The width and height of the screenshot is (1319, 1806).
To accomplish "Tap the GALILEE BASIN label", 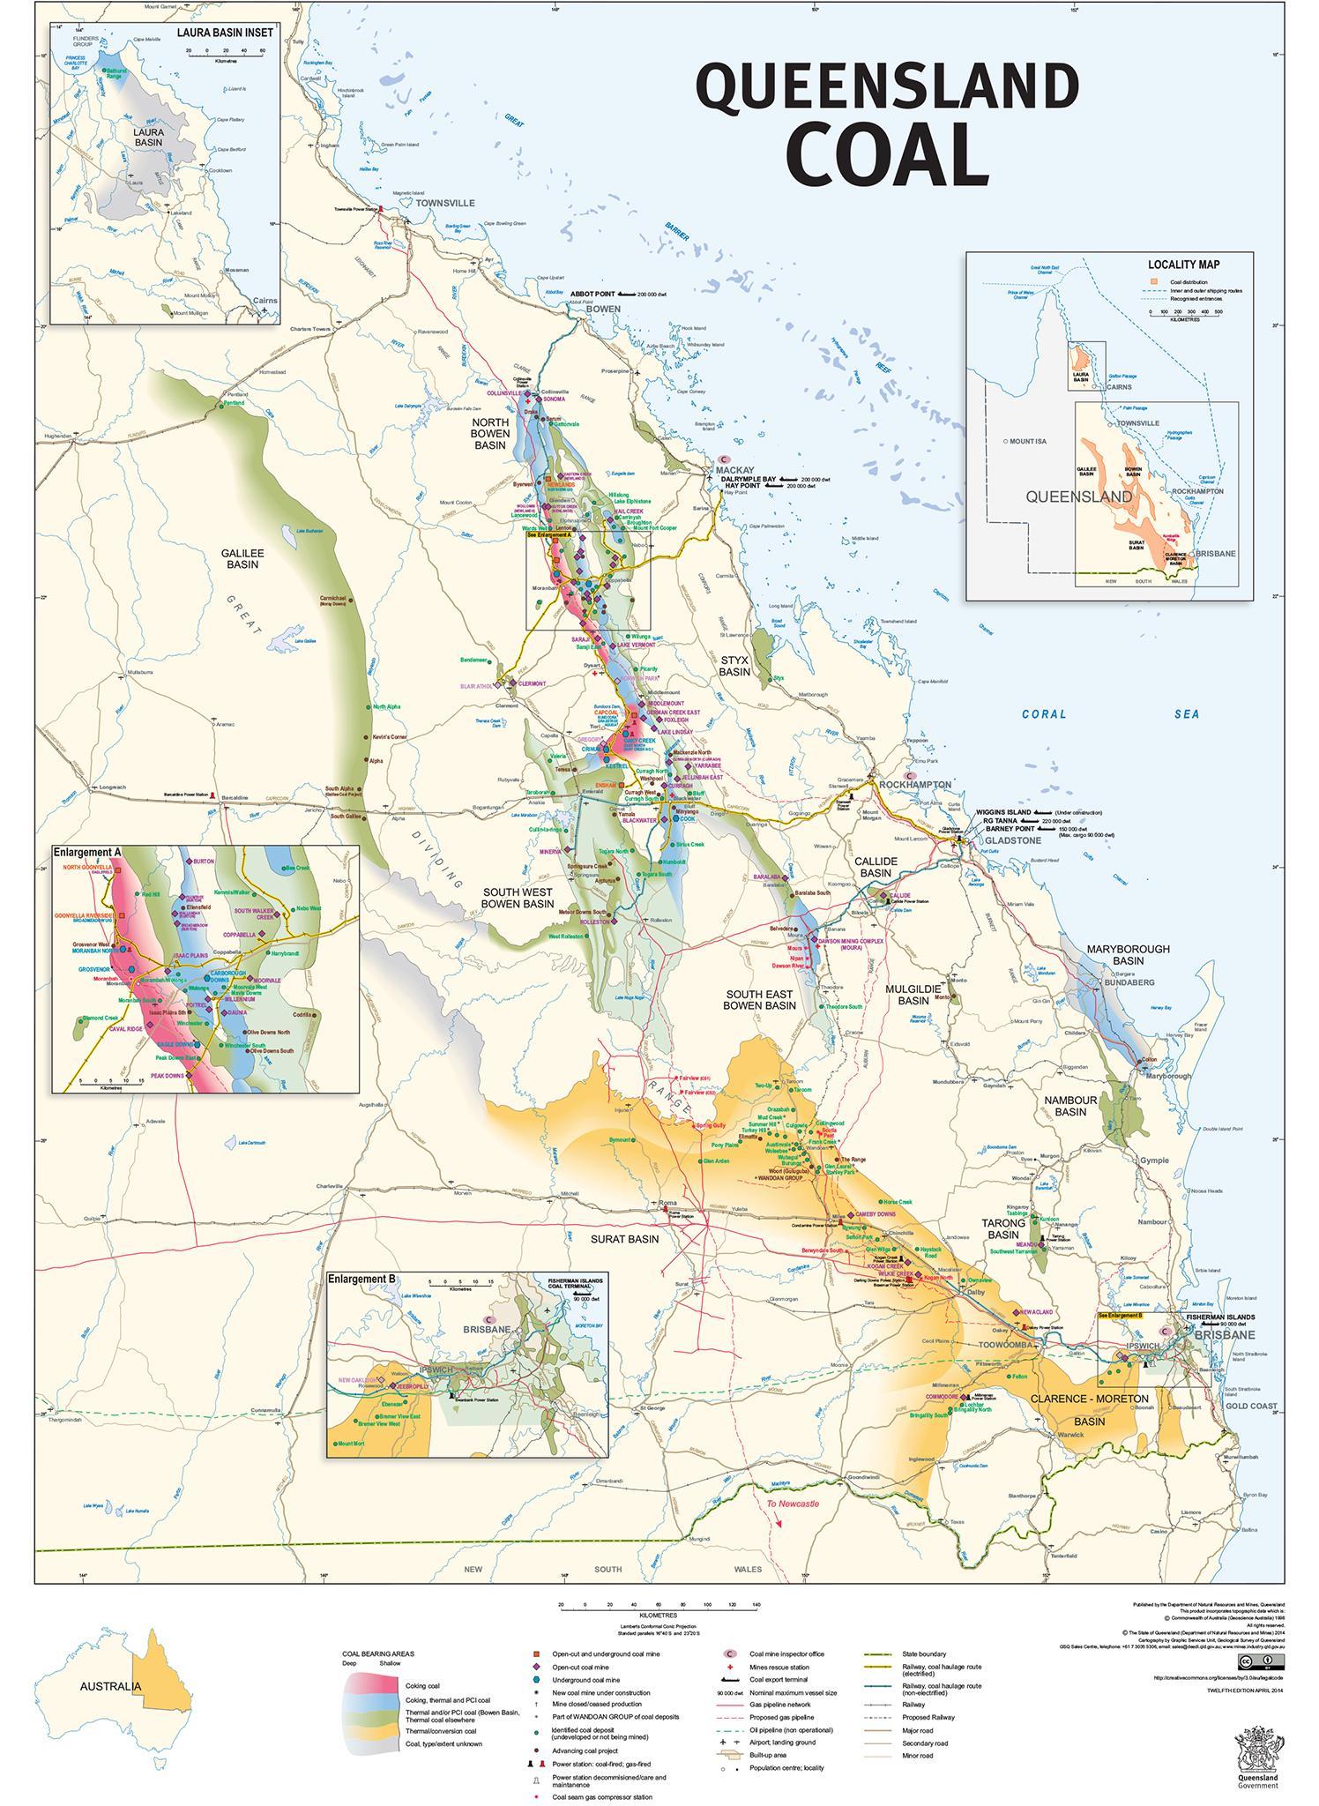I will point(242,558).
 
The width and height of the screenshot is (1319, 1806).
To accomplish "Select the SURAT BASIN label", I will point(625,1239).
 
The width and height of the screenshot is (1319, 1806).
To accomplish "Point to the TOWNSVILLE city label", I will point(445,203).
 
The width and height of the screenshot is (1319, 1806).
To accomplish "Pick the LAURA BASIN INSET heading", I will point(225,32).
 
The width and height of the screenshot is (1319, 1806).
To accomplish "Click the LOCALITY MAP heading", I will point(1183,265).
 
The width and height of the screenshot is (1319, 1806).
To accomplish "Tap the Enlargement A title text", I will point(86,853).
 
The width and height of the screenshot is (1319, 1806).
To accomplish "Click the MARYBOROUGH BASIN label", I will point(1128,954).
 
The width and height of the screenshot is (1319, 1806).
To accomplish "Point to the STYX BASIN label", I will point(734,665).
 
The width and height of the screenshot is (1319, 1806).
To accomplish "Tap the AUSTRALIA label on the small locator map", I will point(110,1687).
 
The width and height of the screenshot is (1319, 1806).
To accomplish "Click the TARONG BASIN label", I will point(1004,1229).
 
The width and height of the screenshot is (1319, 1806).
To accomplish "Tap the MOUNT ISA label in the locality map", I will point(1027,441).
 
